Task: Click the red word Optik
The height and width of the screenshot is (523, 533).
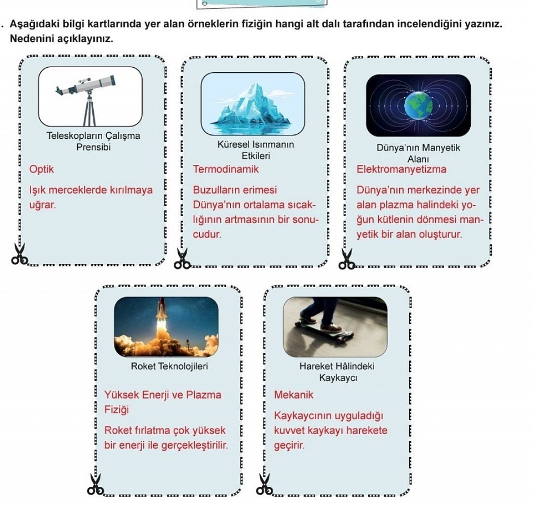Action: (x=42, y=169)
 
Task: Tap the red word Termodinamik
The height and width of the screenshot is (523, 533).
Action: (x=226, y=169)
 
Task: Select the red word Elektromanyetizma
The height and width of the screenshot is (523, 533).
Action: (x=401, y=169)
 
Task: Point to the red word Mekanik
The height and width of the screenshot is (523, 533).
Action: (x=294, y=395)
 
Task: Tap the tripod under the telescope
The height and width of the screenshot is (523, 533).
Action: (x=89, y=109)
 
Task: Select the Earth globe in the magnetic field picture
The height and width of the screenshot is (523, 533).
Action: (x=419, y=105)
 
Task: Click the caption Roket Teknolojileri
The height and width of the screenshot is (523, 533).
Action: (x=169, y=366)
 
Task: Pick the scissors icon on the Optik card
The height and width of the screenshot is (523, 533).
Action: (x=19, y=254)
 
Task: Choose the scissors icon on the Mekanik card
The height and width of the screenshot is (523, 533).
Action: (x=264, y=484)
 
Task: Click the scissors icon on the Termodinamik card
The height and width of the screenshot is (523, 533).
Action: (x=182, y=259)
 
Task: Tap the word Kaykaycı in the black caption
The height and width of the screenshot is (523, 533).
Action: (x=338, y=378)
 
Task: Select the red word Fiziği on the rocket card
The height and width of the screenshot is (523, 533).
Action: (x=117, y=410)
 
